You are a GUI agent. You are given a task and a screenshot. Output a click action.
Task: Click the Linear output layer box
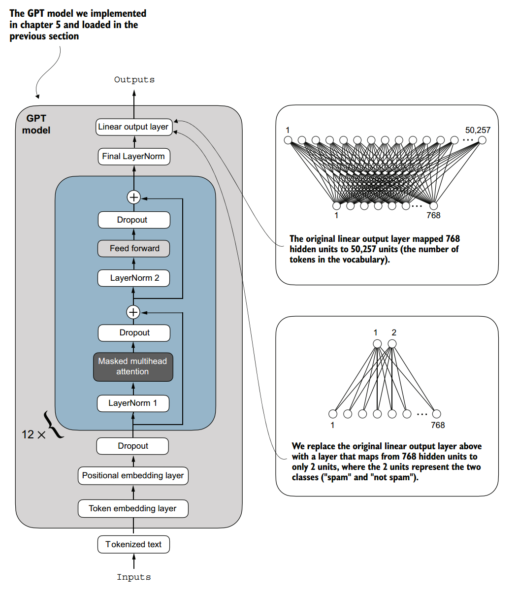(x=133, y=127)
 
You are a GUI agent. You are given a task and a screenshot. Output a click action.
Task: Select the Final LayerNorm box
(x=133, y=157)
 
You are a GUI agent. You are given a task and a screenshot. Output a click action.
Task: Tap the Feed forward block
(x=134, y=249)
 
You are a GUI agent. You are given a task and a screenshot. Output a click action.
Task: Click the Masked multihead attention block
(x=133, y=366)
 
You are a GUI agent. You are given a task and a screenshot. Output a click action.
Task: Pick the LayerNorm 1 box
(x=133, y=403)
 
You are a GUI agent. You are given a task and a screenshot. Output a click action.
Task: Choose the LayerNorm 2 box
(x=134, y=278)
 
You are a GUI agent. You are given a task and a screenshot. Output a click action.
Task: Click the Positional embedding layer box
(x=133, y=476)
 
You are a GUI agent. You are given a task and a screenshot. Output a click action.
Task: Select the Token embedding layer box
(x=133, y=509)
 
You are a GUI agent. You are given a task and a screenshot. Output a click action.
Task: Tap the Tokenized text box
(x=133, y=545)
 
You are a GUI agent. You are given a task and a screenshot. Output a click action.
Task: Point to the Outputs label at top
(x=134, y=80)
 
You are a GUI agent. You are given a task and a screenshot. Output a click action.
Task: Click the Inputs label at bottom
(x=133, y=577)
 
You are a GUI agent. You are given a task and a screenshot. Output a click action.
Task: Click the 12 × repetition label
(x=33, y=434)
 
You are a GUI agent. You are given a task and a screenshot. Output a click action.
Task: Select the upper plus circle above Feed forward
(x=133, y=198)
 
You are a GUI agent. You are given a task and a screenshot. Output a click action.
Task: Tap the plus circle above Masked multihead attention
(x=133, y=312)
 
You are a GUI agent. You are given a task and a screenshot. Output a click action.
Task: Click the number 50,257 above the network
(x=478, y=131)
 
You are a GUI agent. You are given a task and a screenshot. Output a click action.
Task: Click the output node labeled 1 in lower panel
(x=377, y=344)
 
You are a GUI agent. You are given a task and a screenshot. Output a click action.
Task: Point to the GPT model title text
(x=36, y=125)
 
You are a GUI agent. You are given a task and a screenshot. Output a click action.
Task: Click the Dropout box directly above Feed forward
(x=134, y=220)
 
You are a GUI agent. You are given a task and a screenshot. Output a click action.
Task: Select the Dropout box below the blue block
(x=133, y=446)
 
